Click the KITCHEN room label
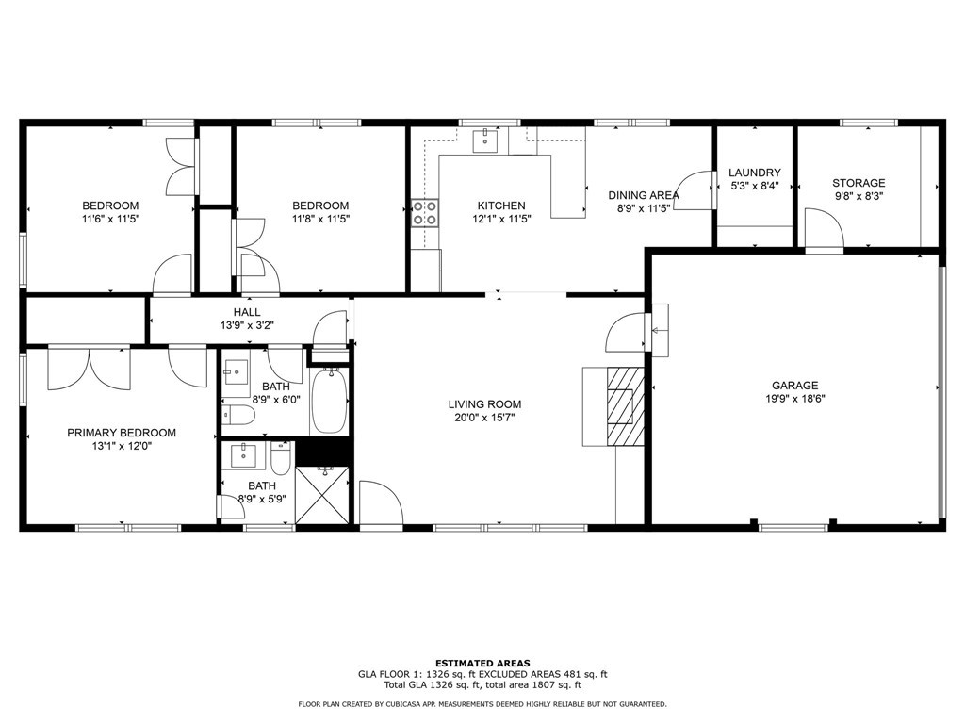pyautogui.click(x=501, y=206)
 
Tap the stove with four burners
pyautogui.click(x=425, y=213)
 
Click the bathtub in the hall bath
pyautogui.click(x=329, y=400)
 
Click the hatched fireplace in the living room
pyautogui.click(x=626, y=405)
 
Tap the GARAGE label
pyautogui.click(x=794, y=386)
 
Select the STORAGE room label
pyautogui.click(x=859, y=183)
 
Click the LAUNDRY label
pyautogui.click(x=755, y=173)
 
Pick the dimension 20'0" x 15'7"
pyautogui.click(x=484, y=418)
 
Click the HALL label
pyautogui.click(x=247, y=312)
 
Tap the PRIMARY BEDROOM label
pyautogui.click(x=122, y=433)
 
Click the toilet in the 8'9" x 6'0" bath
pyautogui.click(x=238, y=416)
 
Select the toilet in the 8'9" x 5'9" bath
pyautogui.click(x=281, y=459)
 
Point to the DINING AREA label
pyautogui.click(x=644, y=195)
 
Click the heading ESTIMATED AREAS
pyautogui.click(x=482, y=663)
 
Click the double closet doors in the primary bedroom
pyautogui.click(x=90, y=369)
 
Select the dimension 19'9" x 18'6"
pyautogui.click(x=794, y=399)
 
